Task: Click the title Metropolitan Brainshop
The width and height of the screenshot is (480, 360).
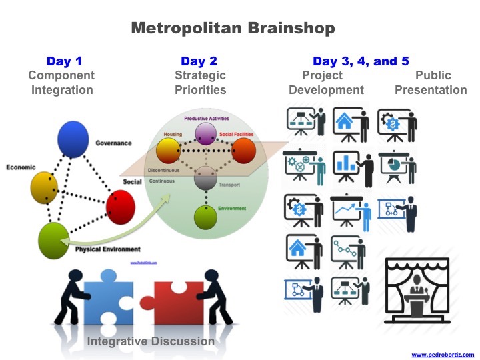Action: pos(233,28)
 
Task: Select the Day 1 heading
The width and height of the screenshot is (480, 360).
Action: pos(63,61)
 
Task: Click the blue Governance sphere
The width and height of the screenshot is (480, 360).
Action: pos(73,139)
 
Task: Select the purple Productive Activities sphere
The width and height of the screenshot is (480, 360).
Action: pos(205,133)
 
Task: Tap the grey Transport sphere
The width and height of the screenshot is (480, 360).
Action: pos(205,178)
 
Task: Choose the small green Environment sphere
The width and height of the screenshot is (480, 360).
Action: pos(205,217)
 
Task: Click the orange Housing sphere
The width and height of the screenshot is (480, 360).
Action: pos(168,150)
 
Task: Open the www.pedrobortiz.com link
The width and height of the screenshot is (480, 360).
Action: pos(442,354)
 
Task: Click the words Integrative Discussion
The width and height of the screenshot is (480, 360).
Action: pos(151,341)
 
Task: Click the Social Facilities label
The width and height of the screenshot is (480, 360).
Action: pos(237,135)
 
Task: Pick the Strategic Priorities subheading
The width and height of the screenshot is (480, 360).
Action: pos(200,83)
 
